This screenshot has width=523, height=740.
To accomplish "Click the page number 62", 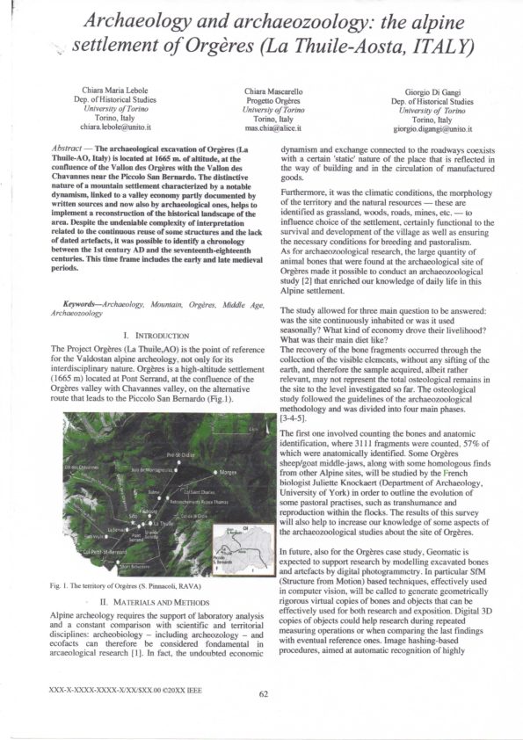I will click(262, 717).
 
